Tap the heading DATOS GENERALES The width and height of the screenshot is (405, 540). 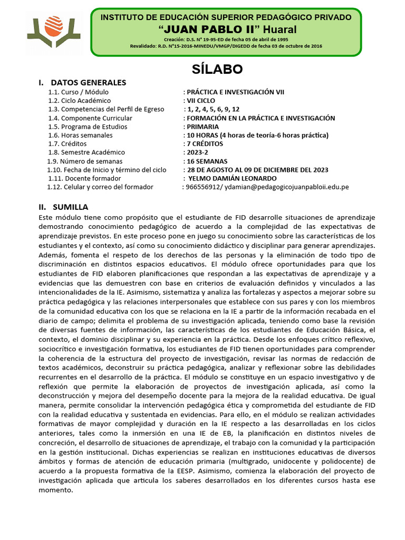[x=88, y=83]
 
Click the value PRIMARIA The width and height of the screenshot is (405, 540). [x=203, y=127]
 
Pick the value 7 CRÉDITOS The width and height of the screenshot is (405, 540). [x=205, y=144]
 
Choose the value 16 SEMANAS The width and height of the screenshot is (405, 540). [x=207, y=161]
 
